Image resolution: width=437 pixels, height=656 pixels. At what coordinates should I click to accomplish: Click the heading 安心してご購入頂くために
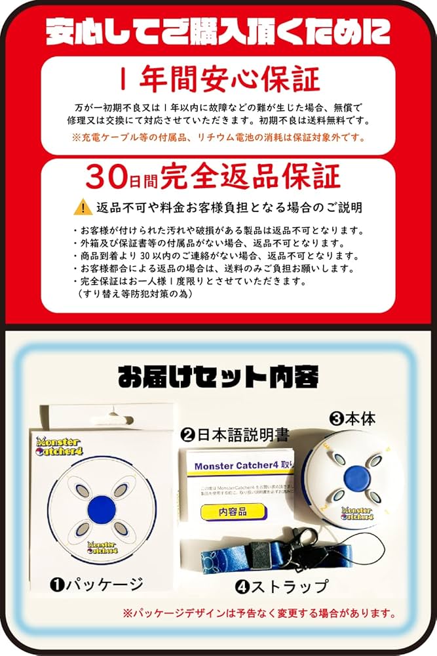218,30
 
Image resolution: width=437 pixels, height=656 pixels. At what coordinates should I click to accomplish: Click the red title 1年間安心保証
218,79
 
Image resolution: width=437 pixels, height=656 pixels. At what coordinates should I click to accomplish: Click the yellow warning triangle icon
83,207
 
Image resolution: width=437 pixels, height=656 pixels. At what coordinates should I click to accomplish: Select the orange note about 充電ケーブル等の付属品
218,138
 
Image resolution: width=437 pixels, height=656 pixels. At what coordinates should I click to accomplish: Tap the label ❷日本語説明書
235,434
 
